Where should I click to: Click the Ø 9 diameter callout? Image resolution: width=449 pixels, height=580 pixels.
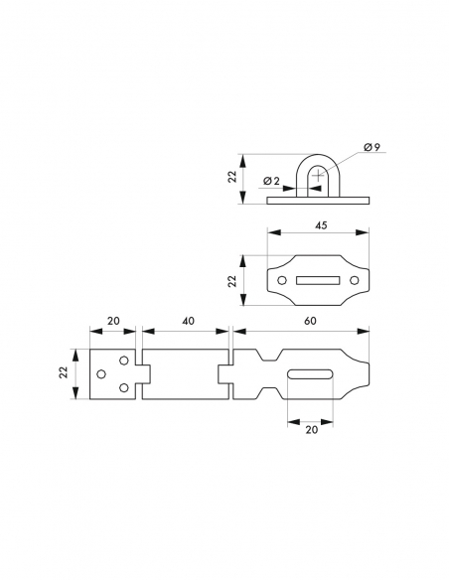pos(372,147)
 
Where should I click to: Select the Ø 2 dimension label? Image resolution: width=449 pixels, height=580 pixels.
pos(271,181)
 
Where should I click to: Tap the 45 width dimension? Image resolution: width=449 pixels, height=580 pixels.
pos(322,224)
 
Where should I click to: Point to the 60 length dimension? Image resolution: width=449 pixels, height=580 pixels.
pos(310,321)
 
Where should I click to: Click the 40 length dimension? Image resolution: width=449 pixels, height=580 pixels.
pos(188,321)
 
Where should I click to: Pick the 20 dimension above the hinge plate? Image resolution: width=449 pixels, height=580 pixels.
pos(113,321)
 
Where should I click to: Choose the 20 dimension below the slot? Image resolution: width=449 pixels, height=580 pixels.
pos(312,429)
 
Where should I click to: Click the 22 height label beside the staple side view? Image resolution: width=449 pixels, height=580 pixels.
pos(232,177)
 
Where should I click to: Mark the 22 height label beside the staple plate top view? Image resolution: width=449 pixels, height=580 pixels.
pos(232,281)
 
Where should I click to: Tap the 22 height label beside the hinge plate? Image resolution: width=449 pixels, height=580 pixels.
pos(64,372)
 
